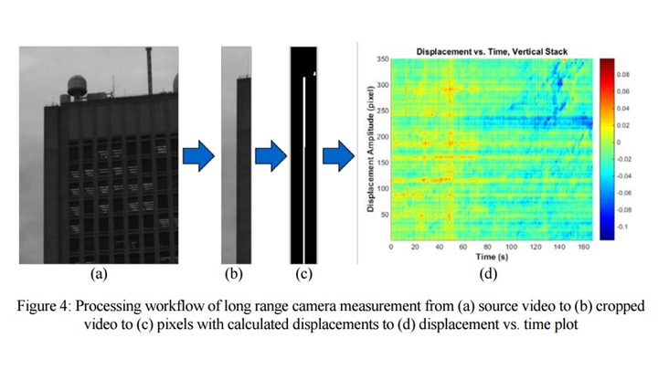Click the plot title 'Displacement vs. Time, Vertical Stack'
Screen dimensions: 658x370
pos(492,51)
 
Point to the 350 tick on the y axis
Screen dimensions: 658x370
pos(382,59)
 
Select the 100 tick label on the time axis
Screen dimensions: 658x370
pos(511,247)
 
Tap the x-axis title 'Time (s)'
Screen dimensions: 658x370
pos(492,257)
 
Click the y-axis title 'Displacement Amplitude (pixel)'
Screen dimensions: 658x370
pos(370,149)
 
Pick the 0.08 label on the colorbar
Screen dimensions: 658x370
pos(622,75)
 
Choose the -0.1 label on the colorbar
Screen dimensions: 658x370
pos(622,227)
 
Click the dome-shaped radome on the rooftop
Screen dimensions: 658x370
pos(77,85)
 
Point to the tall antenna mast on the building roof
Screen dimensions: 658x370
pos(149,70)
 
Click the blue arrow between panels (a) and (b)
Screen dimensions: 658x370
pos(198,156)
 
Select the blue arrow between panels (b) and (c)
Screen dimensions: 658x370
pos(271,156)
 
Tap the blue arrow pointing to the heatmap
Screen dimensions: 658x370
pos(338,156)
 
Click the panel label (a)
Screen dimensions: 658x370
pos(99,274)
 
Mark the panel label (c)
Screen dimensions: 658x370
pos(303,274)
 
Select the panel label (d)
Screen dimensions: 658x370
pos(488,274)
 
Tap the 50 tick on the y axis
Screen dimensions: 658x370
pos(386,215)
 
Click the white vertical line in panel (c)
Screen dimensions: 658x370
pos(304,170)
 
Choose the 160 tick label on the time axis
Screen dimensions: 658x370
pos(584,247)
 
